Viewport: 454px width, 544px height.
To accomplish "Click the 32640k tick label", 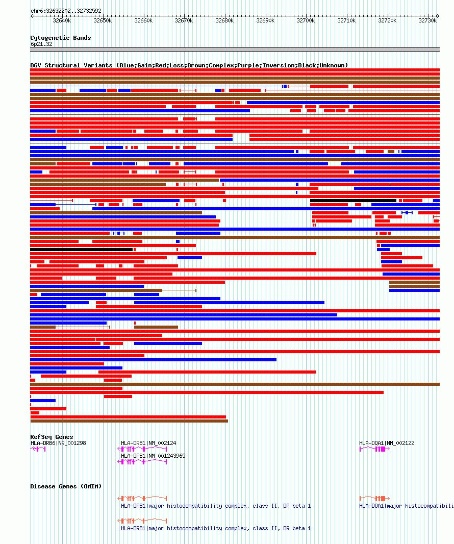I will pos(62,21).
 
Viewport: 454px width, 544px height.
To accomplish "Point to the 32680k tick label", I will pos(224,21).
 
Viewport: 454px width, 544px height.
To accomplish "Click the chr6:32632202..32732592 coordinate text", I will pos(66,11).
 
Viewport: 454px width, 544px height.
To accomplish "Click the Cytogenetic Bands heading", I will pos(60,38).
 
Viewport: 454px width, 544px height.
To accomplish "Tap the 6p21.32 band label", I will pos(41,44).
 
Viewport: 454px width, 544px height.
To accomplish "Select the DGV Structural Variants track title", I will pos(189,65).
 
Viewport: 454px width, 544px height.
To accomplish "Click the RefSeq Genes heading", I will pos(52,437).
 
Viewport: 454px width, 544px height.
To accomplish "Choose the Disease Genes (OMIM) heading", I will pos(66,486).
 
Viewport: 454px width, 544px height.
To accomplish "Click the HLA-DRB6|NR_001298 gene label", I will pos(58,443).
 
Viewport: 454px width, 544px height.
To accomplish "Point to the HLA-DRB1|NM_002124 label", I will pos(148,443).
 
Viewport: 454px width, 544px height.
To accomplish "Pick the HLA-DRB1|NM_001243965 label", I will pos(153,456).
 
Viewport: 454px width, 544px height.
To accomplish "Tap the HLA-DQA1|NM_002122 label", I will pos(387,443).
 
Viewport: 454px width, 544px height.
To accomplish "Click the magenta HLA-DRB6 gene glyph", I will pos(38,449).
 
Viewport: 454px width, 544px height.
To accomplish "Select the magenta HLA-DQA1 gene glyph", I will pos(375,449).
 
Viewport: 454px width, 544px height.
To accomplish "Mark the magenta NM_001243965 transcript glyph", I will pos(142,461).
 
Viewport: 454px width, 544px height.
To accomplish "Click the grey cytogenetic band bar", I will pos(235,50).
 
